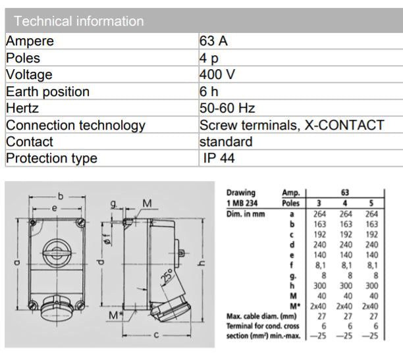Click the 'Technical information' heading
(x=78, y=21)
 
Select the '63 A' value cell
(x=215, y=41)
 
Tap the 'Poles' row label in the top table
(x=23, y=58)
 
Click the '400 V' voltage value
(x=217, y=74)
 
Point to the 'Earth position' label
(x=47, y=91)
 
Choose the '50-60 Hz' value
(x=227, y=108)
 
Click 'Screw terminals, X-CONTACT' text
(x=291, y=125)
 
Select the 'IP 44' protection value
(x=219, y=158)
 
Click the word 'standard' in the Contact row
(x=226, y=141)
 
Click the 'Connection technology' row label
(x=76, y=125)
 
